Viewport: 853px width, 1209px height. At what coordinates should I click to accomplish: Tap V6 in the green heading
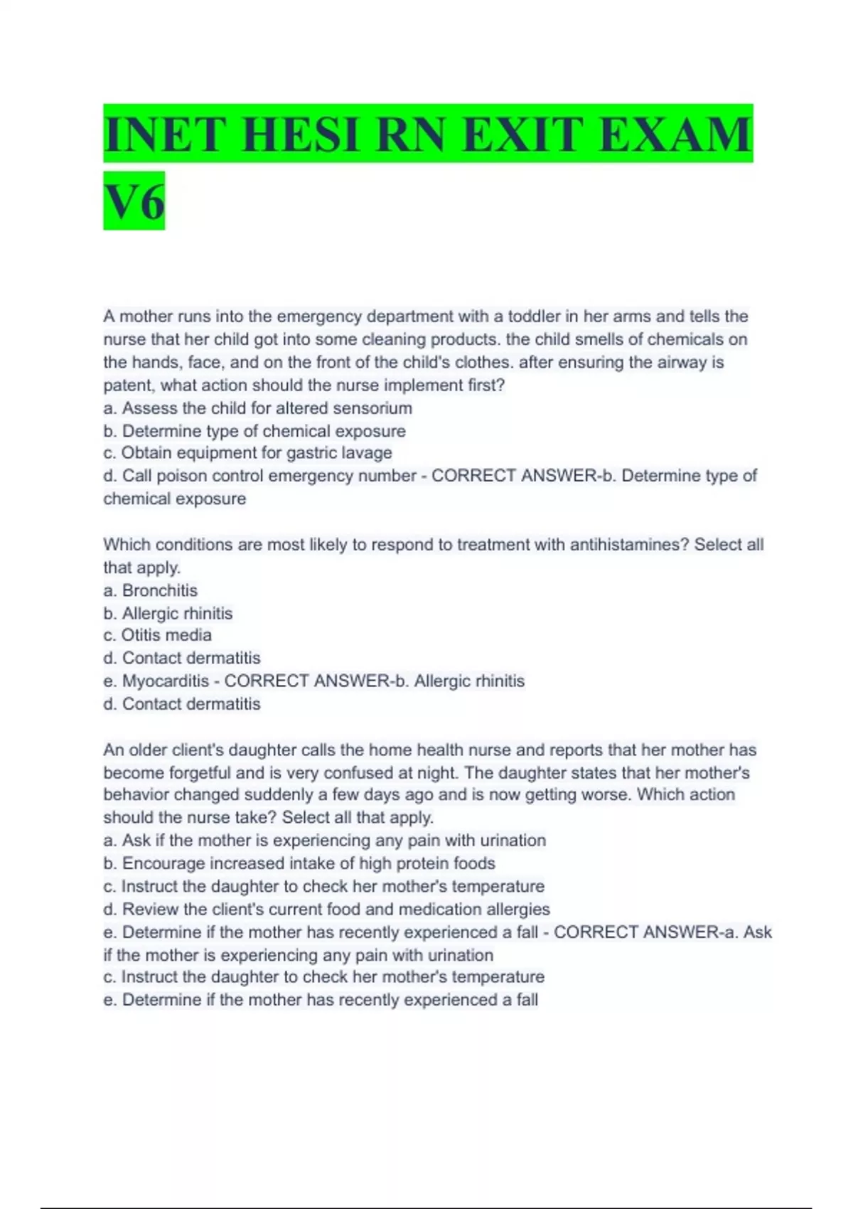(x=134, y=201)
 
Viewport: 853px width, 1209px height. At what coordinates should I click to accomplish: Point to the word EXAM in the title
(x=676, y=134)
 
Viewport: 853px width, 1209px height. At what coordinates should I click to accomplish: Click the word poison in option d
(x=181, y=476)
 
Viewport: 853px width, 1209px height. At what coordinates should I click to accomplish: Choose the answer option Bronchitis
(x=159, y=590)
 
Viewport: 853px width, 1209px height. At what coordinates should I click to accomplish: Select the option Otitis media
(x=166, y=635)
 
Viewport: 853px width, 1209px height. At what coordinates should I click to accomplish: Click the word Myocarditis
(x=166, y=681)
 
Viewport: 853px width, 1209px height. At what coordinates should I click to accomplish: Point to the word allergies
(x=517, y=910)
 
